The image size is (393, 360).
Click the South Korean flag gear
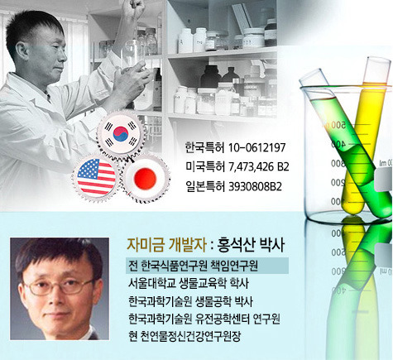point(121,134)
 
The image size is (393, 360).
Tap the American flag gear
point(96,177)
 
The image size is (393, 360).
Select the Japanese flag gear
point(145,178)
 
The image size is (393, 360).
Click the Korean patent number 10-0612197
point(257,148)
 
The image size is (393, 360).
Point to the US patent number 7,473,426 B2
point(259,167)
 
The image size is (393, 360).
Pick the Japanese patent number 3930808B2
point(256,187)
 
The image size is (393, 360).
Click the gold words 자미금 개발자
point(166,244)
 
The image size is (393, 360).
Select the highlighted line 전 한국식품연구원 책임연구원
point(193,266)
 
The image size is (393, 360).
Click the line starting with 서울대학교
point(189,284)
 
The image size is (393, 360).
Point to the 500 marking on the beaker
point(338,125)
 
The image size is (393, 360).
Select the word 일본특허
point(205,187)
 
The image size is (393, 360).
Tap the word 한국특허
point(205,148)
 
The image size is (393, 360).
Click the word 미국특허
point(205,167)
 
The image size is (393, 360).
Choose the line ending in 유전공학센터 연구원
point(204,319)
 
